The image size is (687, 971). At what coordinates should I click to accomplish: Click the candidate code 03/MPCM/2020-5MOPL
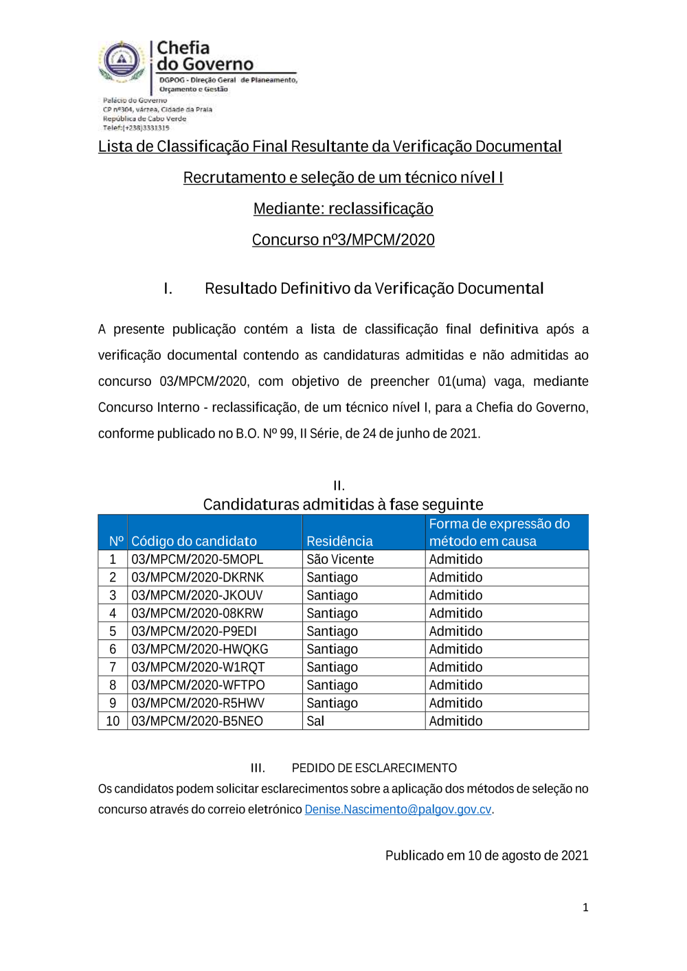click(x=197, y=560)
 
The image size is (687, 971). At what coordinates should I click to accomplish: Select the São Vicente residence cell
click(x=340, y=560)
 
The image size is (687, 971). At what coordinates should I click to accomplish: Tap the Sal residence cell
click(x=315, y=721)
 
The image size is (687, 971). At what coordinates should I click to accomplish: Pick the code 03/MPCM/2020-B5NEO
click(x=197, y=721)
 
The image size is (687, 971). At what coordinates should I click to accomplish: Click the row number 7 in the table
click(x=113, y=667)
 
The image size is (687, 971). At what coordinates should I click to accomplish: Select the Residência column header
click(x=339, y=541)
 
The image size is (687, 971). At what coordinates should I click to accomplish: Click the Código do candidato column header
click(x=194, y=541)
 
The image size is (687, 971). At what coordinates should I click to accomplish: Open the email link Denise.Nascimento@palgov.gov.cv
click(x=398, y=810)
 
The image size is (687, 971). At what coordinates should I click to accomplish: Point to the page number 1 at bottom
click(x=585, y=908)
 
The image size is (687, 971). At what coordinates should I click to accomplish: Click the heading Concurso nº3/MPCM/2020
click(x=343, y=240)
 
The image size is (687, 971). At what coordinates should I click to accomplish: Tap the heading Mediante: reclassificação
click(x=343, y=209)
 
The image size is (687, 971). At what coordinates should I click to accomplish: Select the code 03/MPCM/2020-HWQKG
click(x=200, y=650)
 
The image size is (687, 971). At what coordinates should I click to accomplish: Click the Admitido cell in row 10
click(x=455, y=721)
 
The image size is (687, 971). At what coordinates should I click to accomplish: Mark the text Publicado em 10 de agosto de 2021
click(x=486, y=856)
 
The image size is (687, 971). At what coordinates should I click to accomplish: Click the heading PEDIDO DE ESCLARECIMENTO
click(x=374, y=768)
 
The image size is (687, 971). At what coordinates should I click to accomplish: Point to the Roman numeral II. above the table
click(x=339, y=485)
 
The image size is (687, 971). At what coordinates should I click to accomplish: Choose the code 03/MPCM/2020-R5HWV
click(x=198, y=703)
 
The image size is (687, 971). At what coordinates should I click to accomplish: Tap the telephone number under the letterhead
click(x=136, y=128)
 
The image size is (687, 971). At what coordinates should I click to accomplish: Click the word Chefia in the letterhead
click(x=183, y=48)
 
